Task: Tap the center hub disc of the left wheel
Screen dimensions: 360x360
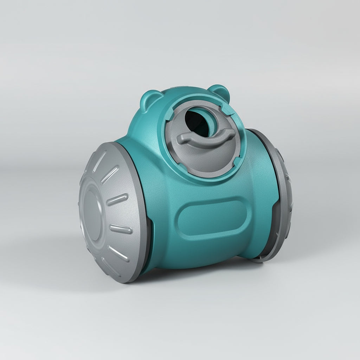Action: pos(92,215)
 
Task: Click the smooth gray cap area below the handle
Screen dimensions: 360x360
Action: pos(207,158)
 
